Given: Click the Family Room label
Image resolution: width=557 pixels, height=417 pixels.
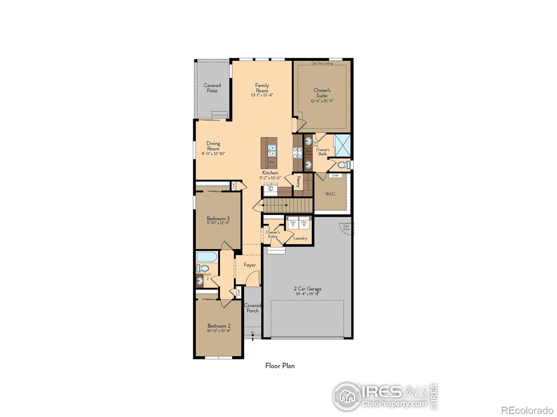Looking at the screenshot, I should [x=262, y=88].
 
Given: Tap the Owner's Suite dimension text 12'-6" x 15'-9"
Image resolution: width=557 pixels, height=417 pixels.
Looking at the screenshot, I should [x=322, y=101].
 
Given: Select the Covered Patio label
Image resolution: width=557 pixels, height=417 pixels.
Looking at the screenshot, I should [x=212, y=88].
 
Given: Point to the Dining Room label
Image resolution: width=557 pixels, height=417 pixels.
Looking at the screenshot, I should [x=213, y=146].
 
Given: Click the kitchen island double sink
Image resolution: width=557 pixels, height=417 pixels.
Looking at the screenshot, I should [x=272, y=150].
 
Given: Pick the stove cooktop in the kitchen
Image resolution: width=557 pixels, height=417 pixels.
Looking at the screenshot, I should [x=297, y=153].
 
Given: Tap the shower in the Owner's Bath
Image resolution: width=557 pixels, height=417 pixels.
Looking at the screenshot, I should [x=342, y=145].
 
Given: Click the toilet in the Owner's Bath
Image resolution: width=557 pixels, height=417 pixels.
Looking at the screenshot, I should [x=343, y=165].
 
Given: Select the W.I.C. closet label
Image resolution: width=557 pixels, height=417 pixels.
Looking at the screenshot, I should [x=331, y=194].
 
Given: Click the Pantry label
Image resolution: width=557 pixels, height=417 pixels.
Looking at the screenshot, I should [x=298, y=182].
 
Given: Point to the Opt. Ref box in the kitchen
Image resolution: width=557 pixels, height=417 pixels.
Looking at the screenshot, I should [x=270, y=188].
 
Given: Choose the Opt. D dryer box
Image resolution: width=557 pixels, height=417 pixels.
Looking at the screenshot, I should [x=293, y=223].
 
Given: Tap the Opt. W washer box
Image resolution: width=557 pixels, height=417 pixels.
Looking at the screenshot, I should [x=304, y=223].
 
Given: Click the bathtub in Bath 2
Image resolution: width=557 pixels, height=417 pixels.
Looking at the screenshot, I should [x=207, y=257].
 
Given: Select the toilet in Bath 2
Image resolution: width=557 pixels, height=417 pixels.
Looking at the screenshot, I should [x=203, y=268].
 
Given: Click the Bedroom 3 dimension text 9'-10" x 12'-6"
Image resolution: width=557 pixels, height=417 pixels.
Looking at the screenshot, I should [x=218, y=223].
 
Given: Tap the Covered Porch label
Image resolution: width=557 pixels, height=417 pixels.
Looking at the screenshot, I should [x=253, y=308].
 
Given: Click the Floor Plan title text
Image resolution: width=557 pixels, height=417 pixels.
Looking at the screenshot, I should [x=280, y=366].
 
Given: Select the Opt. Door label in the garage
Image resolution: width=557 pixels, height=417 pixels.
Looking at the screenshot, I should [x=346, y=228].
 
